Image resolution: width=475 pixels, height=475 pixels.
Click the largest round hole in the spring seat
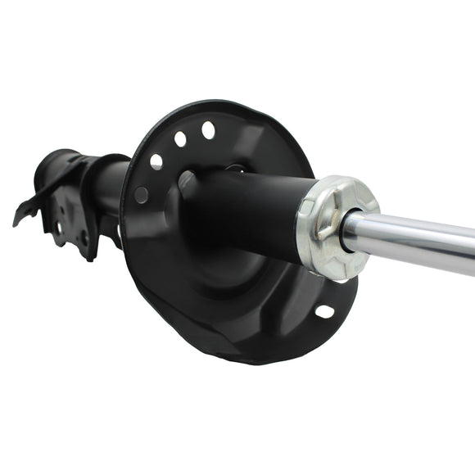point(208,129)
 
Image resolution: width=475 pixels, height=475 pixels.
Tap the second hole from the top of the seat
point(180,139)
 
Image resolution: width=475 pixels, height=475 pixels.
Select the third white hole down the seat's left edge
point(156,162)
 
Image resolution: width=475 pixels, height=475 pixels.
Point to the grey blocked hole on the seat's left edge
point(142,195)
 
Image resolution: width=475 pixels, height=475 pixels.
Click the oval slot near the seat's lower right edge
point(324,311)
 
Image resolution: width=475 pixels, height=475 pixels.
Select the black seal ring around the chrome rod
point(351,231)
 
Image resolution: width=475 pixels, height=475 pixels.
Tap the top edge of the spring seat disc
point(221,105)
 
